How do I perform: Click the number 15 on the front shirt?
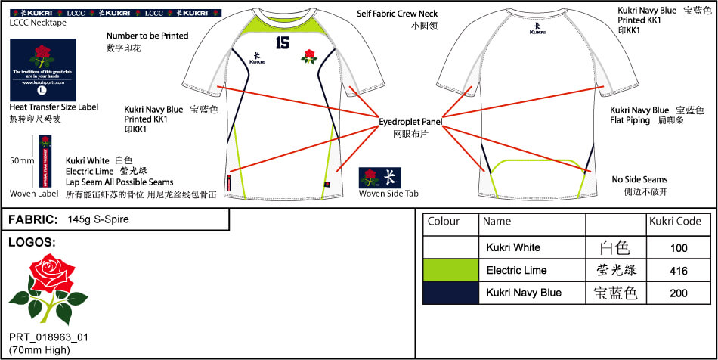pos(283,43)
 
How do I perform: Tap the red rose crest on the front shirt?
pos(308,56)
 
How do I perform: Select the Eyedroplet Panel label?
pos(411,121)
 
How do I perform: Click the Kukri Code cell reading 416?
pos(679,270)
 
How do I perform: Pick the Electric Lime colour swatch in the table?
pos(450,270)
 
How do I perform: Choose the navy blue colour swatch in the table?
pos(450,293)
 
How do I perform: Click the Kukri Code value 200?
pos(679,293)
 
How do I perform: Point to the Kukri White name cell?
pos(514,247)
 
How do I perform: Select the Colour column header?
pos(444,222)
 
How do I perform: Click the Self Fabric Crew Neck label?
pos(397,14)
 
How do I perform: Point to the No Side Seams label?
pos(639,180)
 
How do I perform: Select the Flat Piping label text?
pos(630,120)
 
